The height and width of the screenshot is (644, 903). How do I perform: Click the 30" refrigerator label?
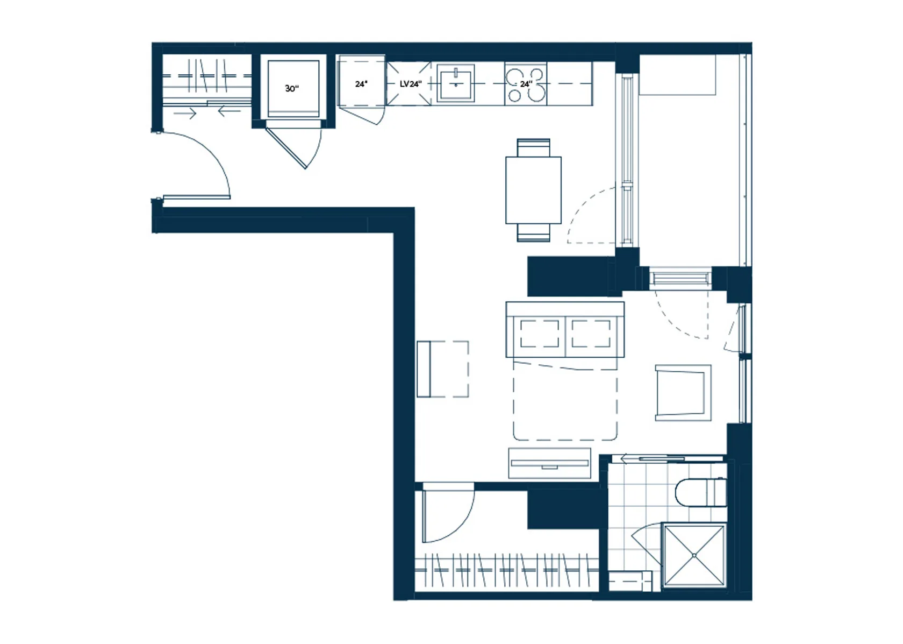(292, 88)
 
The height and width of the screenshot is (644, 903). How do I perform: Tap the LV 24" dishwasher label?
(411, 84)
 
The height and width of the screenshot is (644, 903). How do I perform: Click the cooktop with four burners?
(526, 84)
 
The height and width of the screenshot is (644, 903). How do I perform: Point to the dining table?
(533, 190)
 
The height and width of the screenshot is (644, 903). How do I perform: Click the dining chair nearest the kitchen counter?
(533, 147)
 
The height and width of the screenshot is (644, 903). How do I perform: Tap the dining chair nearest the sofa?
(533, 232)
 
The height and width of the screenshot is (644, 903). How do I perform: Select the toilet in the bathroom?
(701, 492)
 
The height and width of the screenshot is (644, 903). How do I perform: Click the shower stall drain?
(694, 555)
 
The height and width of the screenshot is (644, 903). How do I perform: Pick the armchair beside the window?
(683, 393)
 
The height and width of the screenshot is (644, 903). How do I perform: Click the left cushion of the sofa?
(540, 334)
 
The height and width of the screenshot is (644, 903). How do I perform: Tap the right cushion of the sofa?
(591, 334)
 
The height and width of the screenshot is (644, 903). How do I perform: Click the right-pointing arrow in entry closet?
(185, 114)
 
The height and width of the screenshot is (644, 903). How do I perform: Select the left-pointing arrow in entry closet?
(229, 111)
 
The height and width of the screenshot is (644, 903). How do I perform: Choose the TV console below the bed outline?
(549, 463)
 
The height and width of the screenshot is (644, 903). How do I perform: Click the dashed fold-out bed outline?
(565, 401)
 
